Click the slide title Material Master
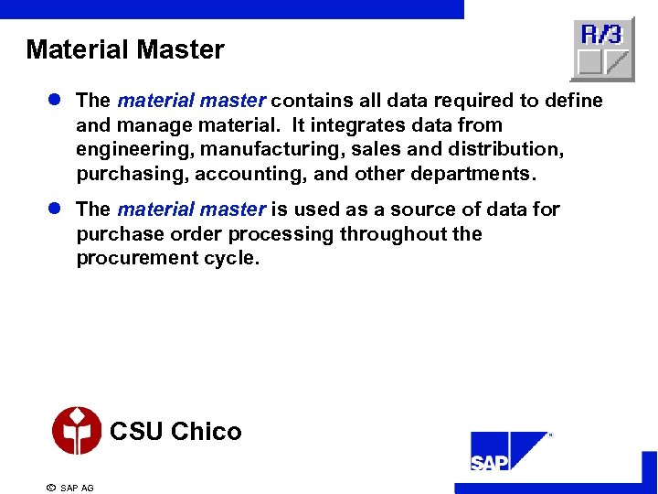point(125,49)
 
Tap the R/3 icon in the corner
point(602,48)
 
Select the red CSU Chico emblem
point(77,431)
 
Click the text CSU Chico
point(175,431)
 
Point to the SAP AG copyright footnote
point(70,488)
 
